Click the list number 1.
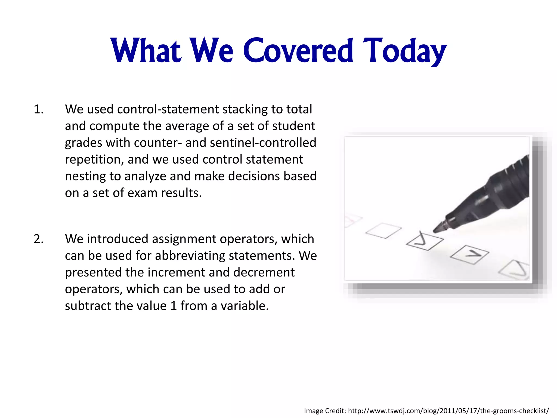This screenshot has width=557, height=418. tap(38, 109)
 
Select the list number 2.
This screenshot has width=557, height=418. tap(38, 239)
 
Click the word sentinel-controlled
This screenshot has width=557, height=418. tap(263, 143)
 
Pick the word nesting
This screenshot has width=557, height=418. tap(85, 176)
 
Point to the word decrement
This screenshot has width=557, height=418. tap(264, 272)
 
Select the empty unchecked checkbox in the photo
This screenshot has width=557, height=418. tap(383, 230)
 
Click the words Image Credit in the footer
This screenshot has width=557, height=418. tap(325, 411)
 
